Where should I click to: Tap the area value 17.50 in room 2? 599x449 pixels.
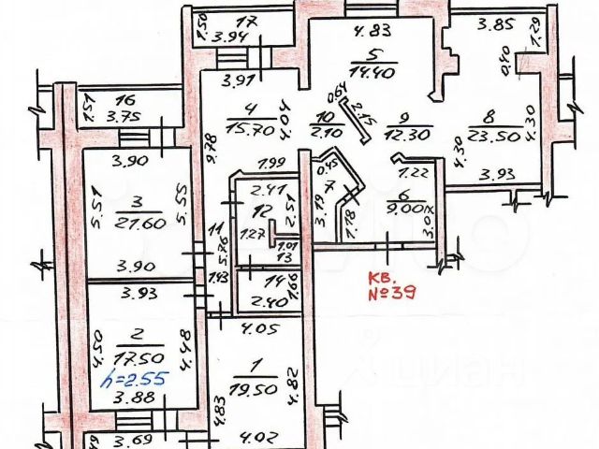135,357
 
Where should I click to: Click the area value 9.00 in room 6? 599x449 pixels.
410,210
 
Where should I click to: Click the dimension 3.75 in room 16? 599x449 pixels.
121,117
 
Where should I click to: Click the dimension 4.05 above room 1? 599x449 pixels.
255,329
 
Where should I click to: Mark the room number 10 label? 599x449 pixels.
326,118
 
